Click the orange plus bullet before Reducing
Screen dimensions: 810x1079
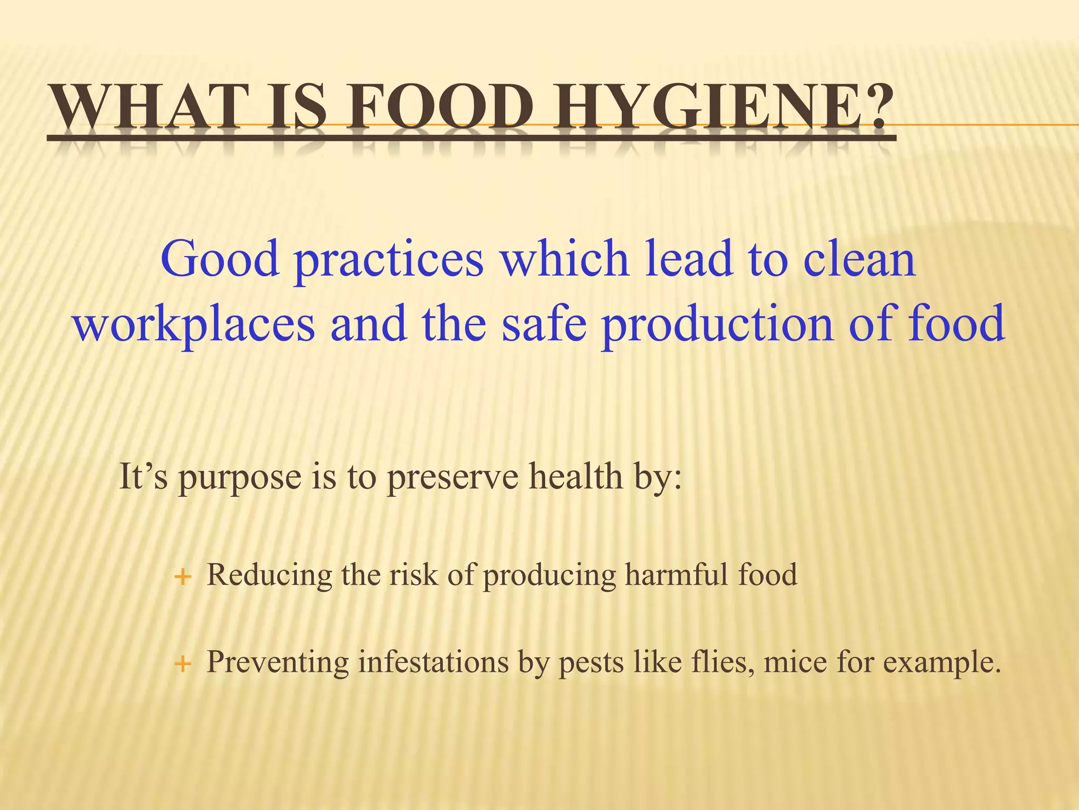click(x=182, y=577)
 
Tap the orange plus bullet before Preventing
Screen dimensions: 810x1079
click(x=182, y=664)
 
